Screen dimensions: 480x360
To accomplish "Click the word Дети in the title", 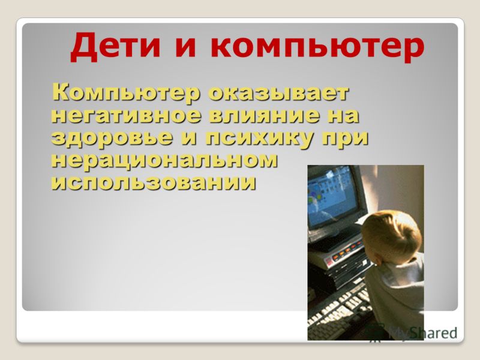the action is [115, 46].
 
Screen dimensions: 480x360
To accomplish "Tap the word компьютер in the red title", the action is [317, 47].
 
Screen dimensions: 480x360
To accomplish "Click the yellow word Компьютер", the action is [126, 93].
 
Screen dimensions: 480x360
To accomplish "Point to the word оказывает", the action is [278, 93].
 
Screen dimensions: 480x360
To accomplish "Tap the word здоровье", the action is [112, 138].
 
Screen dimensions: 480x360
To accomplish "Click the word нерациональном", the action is [164, 160].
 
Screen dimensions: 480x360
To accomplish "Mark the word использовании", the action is [154, 182].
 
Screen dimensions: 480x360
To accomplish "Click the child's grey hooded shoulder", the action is [398, 284].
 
